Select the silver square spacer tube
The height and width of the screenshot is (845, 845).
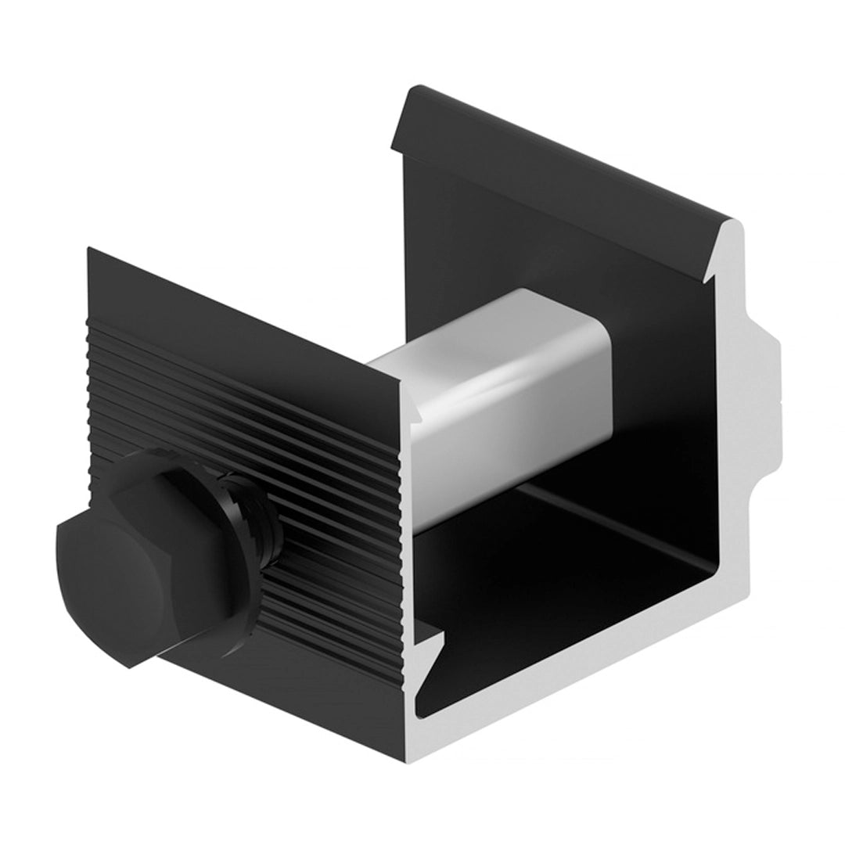[501, 391]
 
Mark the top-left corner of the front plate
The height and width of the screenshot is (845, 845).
[90, 250]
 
